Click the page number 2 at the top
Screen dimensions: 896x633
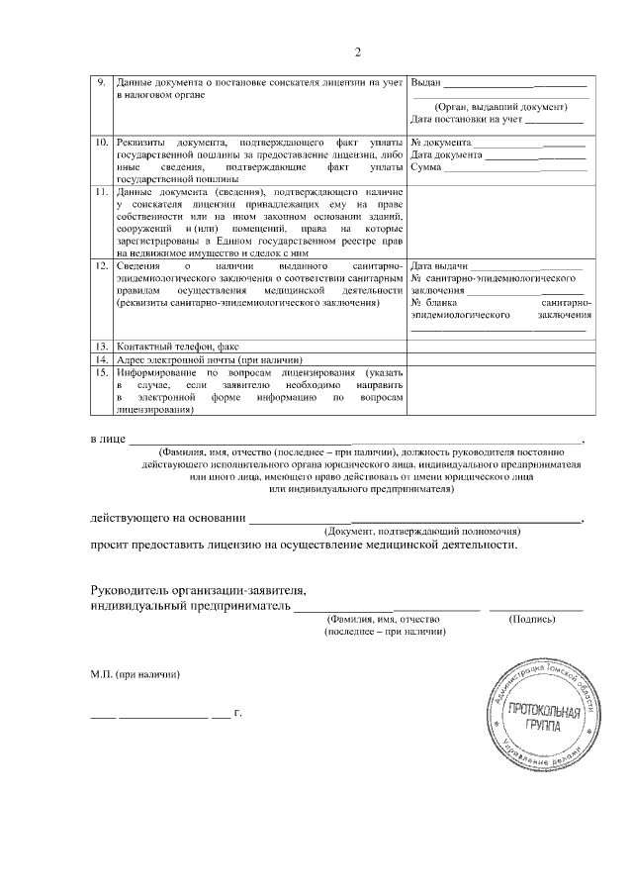(360, 52)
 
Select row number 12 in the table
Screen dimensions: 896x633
(100, 267)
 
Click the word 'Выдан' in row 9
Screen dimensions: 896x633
(425, 82)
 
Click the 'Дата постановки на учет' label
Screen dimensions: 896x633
(466, 120)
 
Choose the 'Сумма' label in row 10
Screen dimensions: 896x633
(426, 167)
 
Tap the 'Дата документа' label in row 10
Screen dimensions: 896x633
(446, 155)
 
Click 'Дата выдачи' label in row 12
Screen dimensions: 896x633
(438, 267)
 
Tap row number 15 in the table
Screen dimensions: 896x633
(100, 372)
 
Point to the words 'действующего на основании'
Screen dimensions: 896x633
(166, 518)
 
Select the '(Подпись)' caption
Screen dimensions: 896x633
(533, 619)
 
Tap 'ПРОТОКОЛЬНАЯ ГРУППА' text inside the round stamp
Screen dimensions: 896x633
(538, 718)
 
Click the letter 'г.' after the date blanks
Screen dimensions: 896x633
(237, 712)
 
